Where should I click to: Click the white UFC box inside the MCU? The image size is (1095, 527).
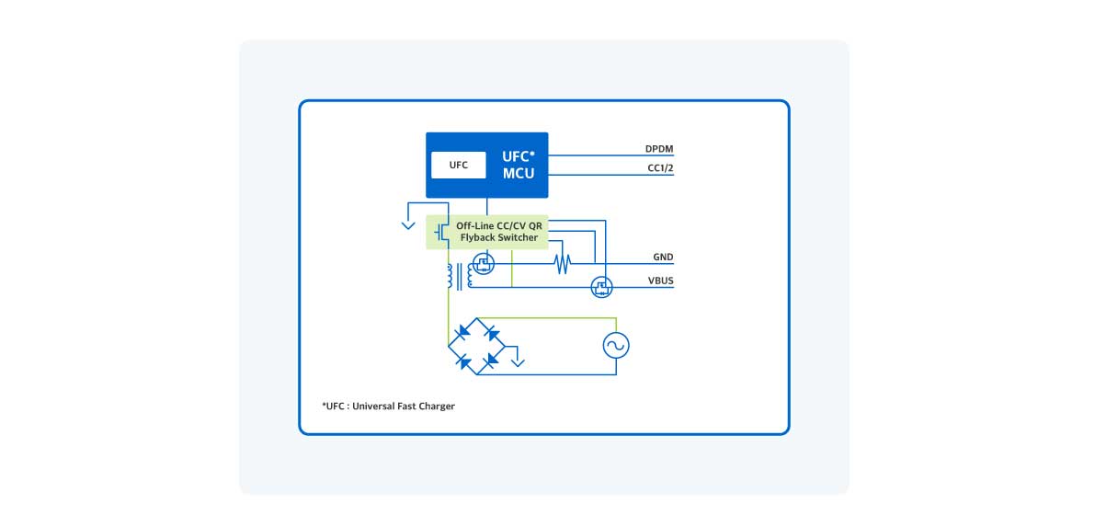[x=459, y=166]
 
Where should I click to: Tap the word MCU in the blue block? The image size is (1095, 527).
[x=519, y=173]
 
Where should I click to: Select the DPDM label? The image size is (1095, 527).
[x=660, y=149]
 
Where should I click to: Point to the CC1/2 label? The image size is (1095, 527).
[x=660, y=168]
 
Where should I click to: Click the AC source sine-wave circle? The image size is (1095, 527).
[x=615, y=345]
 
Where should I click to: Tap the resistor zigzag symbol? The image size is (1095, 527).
[x=562, y=265]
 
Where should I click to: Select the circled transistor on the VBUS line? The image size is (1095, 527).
[x=601, y=288]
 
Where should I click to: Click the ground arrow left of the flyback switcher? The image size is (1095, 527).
[x=408, y=223]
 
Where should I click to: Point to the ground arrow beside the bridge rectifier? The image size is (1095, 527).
[x=519, y=361]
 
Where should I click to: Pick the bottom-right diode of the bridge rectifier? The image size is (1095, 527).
[x=493, y=360]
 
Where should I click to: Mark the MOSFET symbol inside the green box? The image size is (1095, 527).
[x=441, y=232]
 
